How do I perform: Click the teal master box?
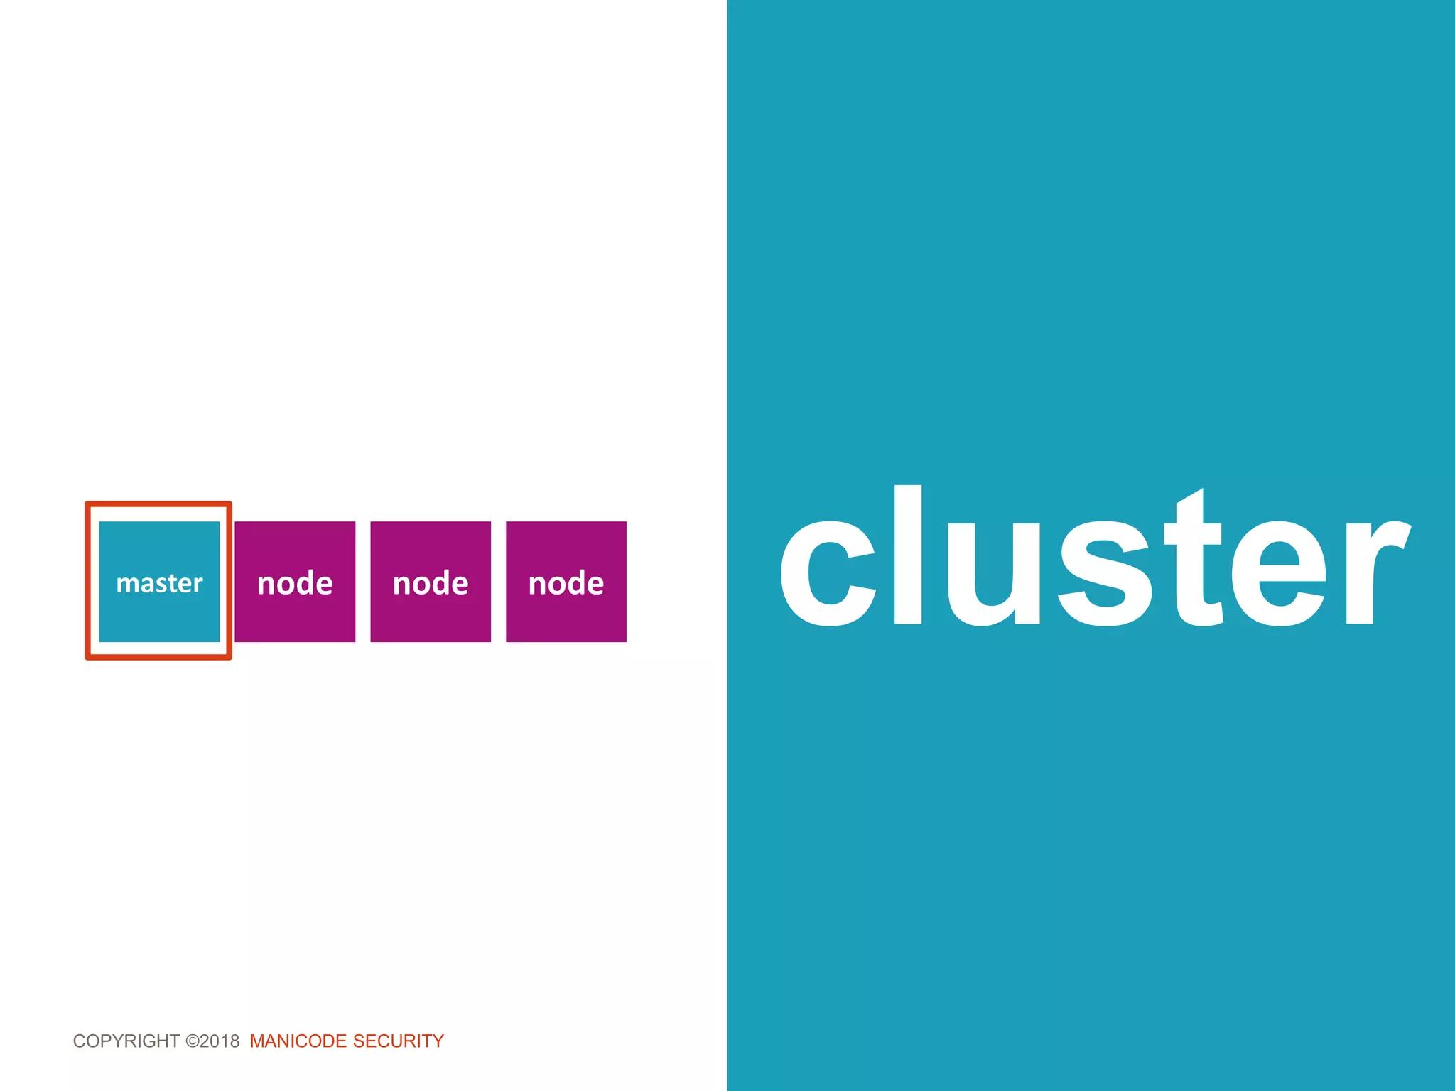159,611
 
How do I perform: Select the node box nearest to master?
295,582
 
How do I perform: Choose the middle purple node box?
431,582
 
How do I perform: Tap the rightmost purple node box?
566,582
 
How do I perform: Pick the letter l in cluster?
908,555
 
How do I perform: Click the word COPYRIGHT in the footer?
126,1041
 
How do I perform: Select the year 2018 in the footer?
220,1041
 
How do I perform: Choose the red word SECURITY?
398,1041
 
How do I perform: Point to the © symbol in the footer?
192,1041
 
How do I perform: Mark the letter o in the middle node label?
421,585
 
